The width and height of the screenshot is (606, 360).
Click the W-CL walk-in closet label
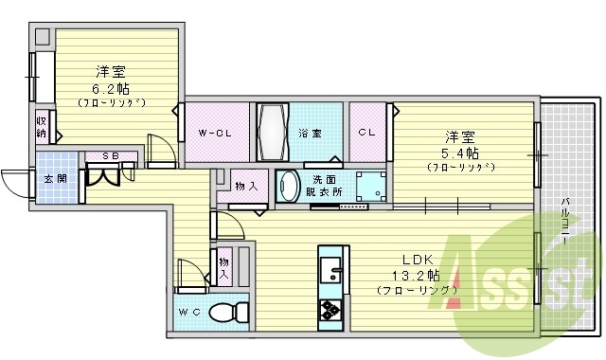(x=215, y=133)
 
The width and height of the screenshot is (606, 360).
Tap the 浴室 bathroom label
(x=309, y=133)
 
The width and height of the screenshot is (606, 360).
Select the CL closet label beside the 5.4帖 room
(x=366, y=133)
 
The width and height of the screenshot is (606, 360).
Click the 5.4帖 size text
(x=459, y=153)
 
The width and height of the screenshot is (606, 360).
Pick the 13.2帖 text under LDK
(x=416, y=275)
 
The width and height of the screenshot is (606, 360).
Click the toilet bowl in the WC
(x=223, y=312)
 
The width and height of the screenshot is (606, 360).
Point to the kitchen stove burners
(x=331, y=310)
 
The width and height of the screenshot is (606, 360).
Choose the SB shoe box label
(x=111, y=155)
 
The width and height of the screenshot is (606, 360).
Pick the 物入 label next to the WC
(x=224, y=266)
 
